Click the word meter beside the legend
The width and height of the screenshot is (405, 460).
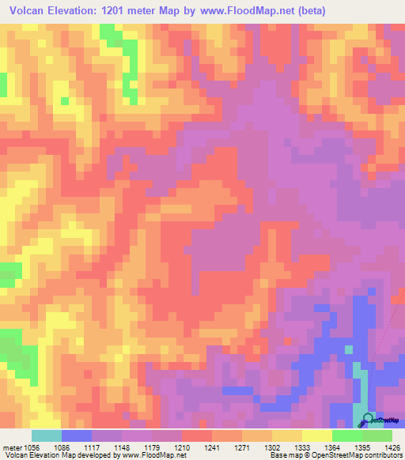tap(12, 447)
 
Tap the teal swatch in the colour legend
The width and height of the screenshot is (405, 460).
tap(47, 435)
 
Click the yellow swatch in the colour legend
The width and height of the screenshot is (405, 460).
tap(316, 435)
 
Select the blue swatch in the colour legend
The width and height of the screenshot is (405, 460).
tap(77, 435)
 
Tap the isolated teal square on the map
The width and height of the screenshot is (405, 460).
tap(348, 349)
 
